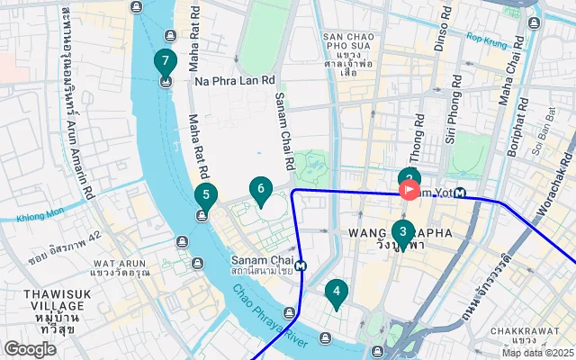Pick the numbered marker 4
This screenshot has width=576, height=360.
[336, 291]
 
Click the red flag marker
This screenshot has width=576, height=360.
[409, 190]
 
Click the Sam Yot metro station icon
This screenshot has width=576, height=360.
[460, 192]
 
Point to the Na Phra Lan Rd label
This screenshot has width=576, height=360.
[234, 81]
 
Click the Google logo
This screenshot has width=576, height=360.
[30, 349]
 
